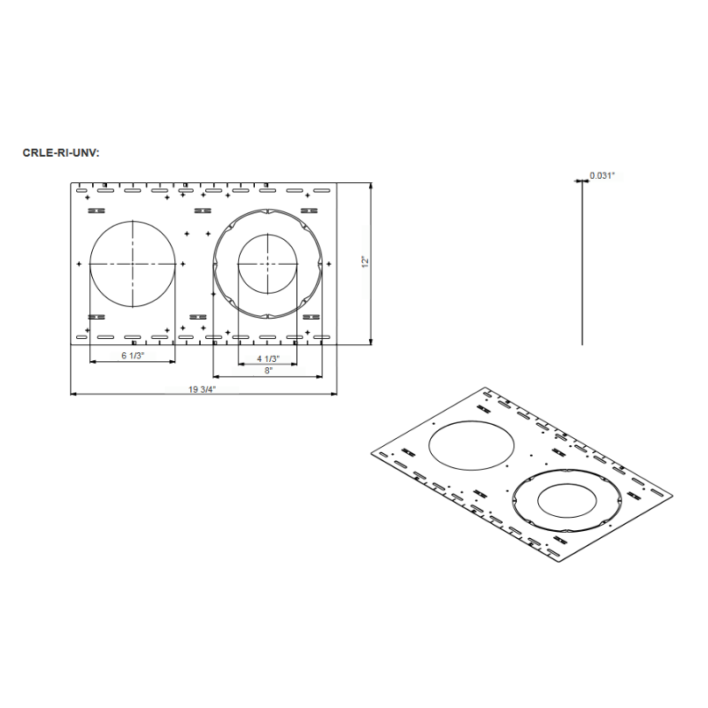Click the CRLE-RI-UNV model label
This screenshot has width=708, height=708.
tap(61, 151)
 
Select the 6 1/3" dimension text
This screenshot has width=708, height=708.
tap(132, 358)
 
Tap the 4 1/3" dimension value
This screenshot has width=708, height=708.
tap(267, 358)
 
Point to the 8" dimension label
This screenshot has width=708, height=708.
tap(267, 371)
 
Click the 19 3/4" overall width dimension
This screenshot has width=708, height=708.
tap(202, 389)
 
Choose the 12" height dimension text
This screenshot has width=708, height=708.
tap(364, 263)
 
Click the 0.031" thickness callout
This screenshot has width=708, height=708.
tap(602, 176)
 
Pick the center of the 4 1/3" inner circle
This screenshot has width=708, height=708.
tap(267, 264)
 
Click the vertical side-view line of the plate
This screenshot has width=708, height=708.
tap(581, 265)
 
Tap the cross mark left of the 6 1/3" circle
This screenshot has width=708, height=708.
tap(79, 264)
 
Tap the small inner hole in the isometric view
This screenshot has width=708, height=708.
tap(567, 501)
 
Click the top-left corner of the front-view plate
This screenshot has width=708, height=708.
tap(71, 181)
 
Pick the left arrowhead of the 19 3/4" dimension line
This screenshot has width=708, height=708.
tap(73, 394)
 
